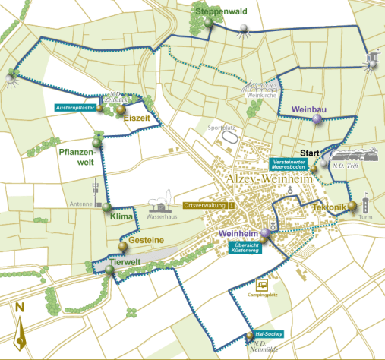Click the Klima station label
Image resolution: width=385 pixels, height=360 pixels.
point(122,217)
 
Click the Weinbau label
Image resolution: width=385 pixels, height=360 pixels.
point(308,110)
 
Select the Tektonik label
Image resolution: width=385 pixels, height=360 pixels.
point(328,207)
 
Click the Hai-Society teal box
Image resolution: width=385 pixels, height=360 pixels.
point(270,333)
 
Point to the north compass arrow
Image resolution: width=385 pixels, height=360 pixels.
point(20,327)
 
